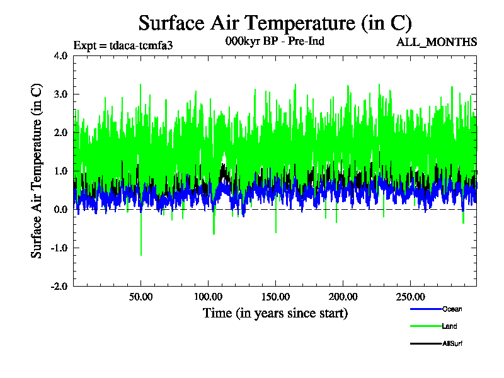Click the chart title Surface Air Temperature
coord(275,23)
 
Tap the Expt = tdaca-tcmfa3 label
coord(123,45)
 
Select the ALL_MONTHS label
coord(436,42)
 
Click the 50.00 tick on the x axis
coord(140,297)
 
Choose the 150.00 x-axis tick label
coord(275,297)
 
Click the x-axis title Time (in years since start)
coord(275,313)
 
